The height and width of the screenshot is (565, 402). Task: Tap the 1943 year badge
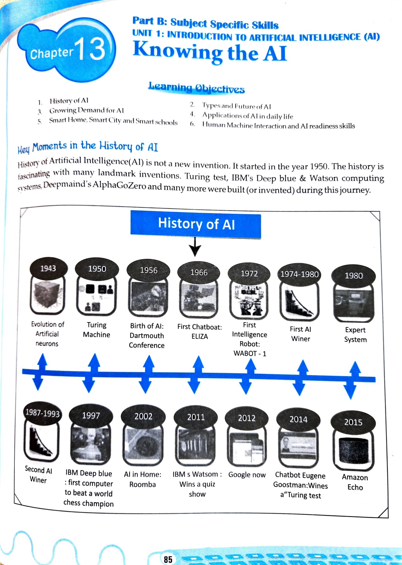coord(48,269)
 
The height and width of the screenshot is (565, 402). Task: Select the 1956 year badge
coord(148,271)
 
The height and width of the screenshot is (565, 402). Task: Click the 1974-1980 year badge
coord(299,274)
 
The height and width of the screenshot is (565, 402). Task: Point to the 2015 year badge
coord(353,422)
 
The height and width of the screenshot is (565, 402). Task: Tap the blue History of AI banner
coord(196,224)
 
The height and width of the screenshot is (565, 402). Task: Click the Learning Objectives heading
coord(196,88)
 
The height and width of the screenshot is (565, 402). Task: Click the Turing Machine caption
coord(96,330)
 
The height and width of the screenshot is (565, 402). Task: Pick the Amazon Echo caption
coord(355,482)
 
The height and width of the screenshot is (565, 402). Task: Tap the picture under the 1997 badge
coord(91,444)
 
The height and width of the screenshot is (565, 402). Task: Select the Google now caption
coord(247,475)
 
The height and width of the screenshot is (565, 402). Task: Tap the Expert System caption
coord(355,335)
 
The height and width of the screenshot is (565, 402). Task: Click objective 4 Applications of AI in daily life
coord(247,116)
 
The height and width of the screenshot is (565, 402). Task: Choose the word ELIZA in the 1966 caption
coord(200,336)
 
